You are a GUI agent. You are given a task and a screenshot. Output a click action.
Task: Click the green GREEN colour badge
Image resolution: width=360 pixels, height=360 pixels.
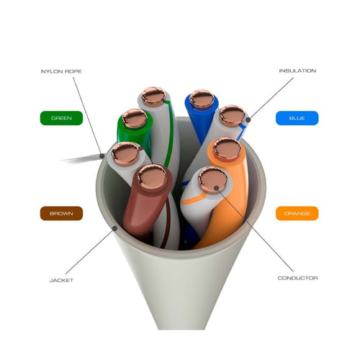pos(61,118)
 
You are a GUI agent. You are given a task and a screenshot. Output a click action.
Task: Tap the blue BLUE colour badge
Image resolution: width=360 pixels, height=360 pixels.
pos(297,118)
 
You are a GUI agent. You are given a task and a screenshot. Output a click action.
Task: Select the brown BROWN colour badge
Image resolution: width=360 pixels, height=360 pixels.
pos(61,213)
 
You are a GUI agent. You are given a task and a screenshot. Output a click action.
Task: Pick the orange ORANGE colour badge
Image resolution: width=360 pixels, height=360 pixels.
pos(297,213)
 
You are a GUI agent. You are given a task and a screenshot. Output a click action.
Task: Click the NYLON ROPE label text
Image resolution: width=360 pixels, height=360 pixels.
pos(61,71)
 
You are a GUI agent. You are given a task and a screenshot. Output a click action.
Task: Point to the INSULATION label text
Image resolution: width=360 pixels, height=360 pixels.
pos(297,71)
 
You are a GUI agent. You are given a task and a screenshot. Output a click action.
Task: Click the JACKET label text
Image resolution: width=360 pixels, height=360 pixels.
pos(61,280)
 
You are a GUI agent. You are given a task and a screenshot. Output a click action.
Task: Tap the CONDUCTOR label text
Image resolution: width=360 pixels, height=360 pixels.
pos(297,278)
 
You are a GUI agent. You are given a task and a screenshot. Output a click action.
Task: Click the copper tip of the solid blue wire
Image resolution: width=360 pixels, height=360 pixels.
pos(202,99)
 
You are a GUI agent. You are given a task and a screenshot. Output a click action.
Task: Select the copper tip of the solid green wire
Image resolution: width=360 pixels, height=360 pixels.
pos(134,118)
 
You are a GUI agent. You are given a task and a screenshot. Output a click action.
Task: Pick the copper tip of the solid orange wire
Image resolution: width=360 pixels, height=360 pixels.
pos(227,149)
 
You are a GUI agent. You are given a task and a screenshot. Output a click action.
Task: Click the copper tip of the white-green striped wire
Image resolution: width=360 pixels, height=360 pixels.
pos(153,96)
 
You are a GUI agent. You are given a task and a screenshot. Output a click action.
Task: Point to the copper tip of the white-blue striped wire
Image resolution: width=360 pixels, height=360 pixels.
pos(232,116)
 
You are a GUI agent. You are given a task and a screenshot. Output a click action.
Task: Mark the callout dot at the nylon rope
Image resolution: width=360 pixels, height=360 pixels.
pos(102,156)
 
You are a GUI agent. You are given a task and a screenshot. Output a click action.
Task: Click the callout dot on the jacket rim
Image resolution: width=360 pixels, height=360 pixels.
pos(115,228)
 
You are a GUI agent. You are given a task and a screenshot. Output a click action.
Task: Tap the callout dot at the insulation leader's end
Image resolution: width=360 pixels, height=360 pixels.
pos(248,120)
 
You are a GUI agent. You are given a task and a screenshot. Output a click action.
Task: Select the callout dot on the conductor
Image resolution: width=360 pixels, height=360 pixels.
pos(216,188)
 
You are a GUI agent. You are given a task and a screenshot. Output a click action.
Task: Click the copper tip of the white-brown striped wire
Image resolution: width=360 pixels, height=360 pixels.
pos(125,154)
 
